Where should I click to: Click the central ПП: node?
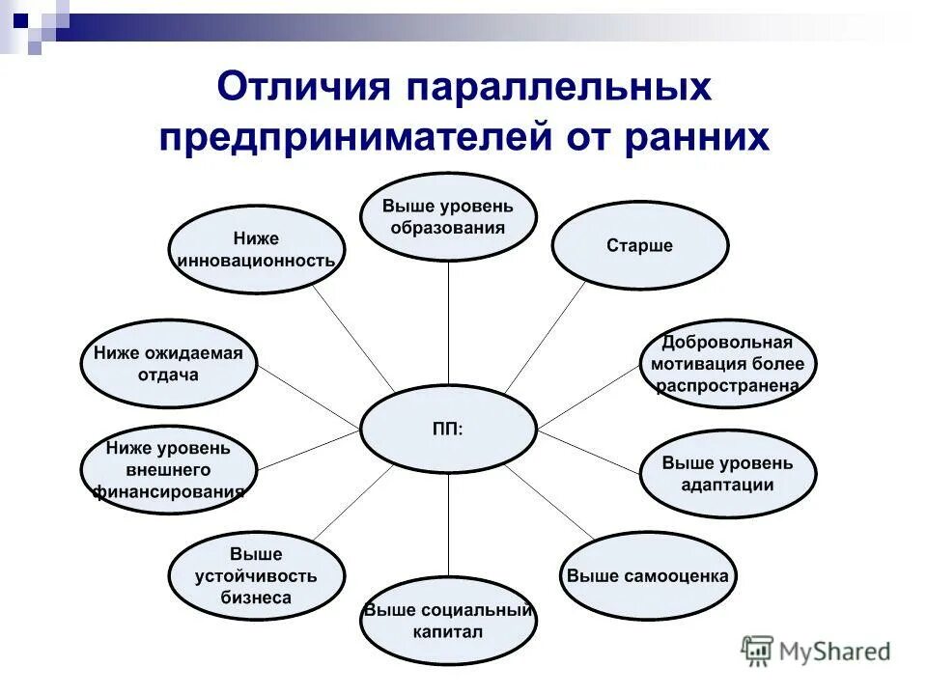tap(448, 430)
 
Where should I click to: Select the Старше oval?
tap(639, 246)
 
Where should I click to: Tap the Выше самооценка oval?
tap(648, 575)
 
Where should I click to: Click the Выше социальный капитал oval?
tap(448, 622)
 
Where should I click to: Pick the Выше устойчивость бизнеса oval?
tap(257, 575)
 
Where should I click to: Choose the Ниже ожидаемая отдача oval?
tap(168, 364)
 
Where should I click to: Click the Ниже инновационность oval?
tap(257, 249)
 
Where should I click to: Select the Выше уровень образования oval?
tap(448, 217)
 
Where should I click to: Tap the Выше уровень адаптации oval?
tap(728, 473)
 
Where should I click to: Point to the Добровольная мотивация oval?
tap(728, 364)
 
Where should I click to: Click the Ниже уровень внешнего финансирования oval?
tap(168, 471)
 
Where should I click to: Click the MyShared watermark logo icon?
tap(758, 652)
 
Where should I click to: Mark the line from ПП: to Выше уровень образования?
tap(449, 323)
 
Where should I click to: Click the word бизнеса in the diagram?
tap(257, 598)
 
